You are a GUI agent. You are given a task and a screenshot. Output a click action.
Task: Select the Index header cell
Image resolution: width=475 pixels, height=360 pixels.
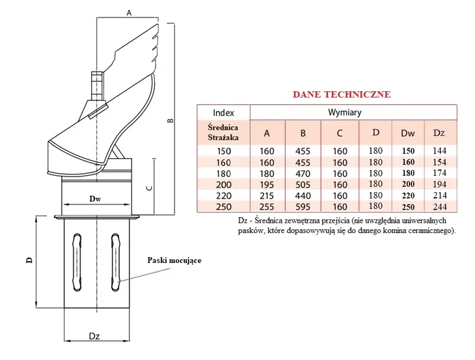pos(223,112)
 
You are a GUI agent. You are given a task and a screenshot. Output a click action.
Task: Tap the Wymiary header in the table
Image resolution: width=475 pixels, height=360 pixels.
pos(353,112)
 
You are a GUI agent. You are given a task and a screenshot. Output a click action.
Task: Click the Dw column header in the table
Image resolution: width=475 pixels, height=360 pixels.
pos(408,133)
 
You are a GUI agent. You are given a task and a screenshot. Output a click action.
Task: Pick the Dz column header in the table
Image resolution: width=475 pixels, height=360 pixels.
pos(439,133)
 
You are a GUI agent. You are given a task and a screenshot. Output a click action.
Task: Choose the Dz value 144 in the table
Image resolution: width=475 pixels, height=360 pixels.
pos(439,151)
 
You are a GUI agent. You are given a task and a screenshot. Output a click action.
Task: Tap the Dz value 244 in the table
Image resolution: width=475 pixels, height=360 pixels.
pos(439,207)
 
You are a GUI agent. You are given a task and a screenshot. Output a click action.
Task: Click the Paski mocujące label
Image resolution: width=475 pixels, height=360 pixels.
pos(174,260)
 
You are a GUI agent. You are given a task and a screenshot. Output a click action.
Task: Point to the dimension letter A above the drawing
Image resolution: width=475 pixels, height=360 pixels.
pos(129,12)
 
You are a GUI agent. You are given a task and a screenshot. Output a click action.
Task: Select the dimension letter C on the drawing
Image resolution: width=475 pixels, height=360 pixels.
pos(149,187)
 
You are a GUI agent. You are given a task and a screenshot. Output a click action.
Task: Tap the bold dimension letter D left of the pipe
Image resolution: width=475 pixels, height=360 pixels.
pos(29,260)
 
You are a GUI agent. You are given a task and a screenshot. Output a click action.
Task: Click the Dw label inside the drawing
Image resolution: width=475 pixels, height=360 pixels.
pos(98,199)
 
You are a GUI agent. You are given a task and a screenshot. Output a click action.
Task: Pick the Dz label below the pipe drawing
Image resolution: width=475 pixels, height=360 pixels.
pos(94,336)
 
